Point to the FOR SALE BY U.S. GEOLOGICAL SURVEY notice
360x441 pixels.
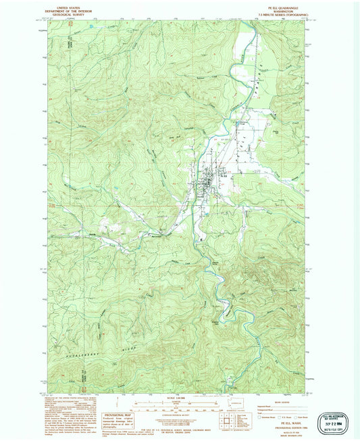point(180,431)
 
